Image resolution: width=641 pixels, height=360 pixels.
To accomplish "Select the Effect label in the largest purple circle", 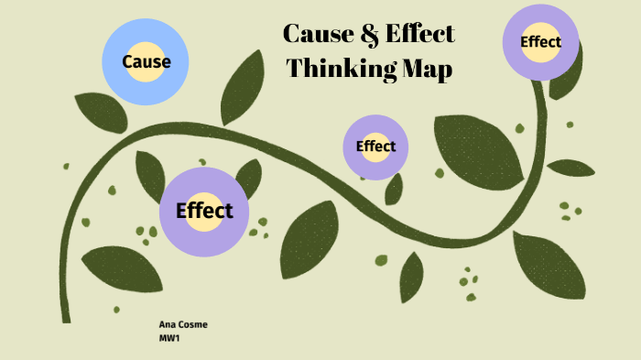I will pos(204,211).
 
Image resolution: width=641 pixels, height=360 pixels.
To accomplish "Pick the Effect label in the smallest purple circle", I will pos(375,147).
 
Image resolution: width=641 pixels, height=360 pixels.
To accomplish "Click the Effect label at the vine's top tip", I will pos(540,41).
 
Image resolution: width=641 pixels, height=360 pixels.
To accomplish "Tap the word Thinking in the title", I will pos(339,69).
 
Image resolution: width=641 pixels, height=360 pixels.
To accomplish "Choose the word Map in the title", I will pos(427,69).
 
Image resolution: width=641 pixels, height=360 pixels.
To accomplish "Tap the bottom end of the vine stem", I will pos(66,317).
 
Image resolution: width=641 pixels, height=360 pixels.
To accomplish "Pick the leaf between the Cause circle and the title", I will pos(243,87).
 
